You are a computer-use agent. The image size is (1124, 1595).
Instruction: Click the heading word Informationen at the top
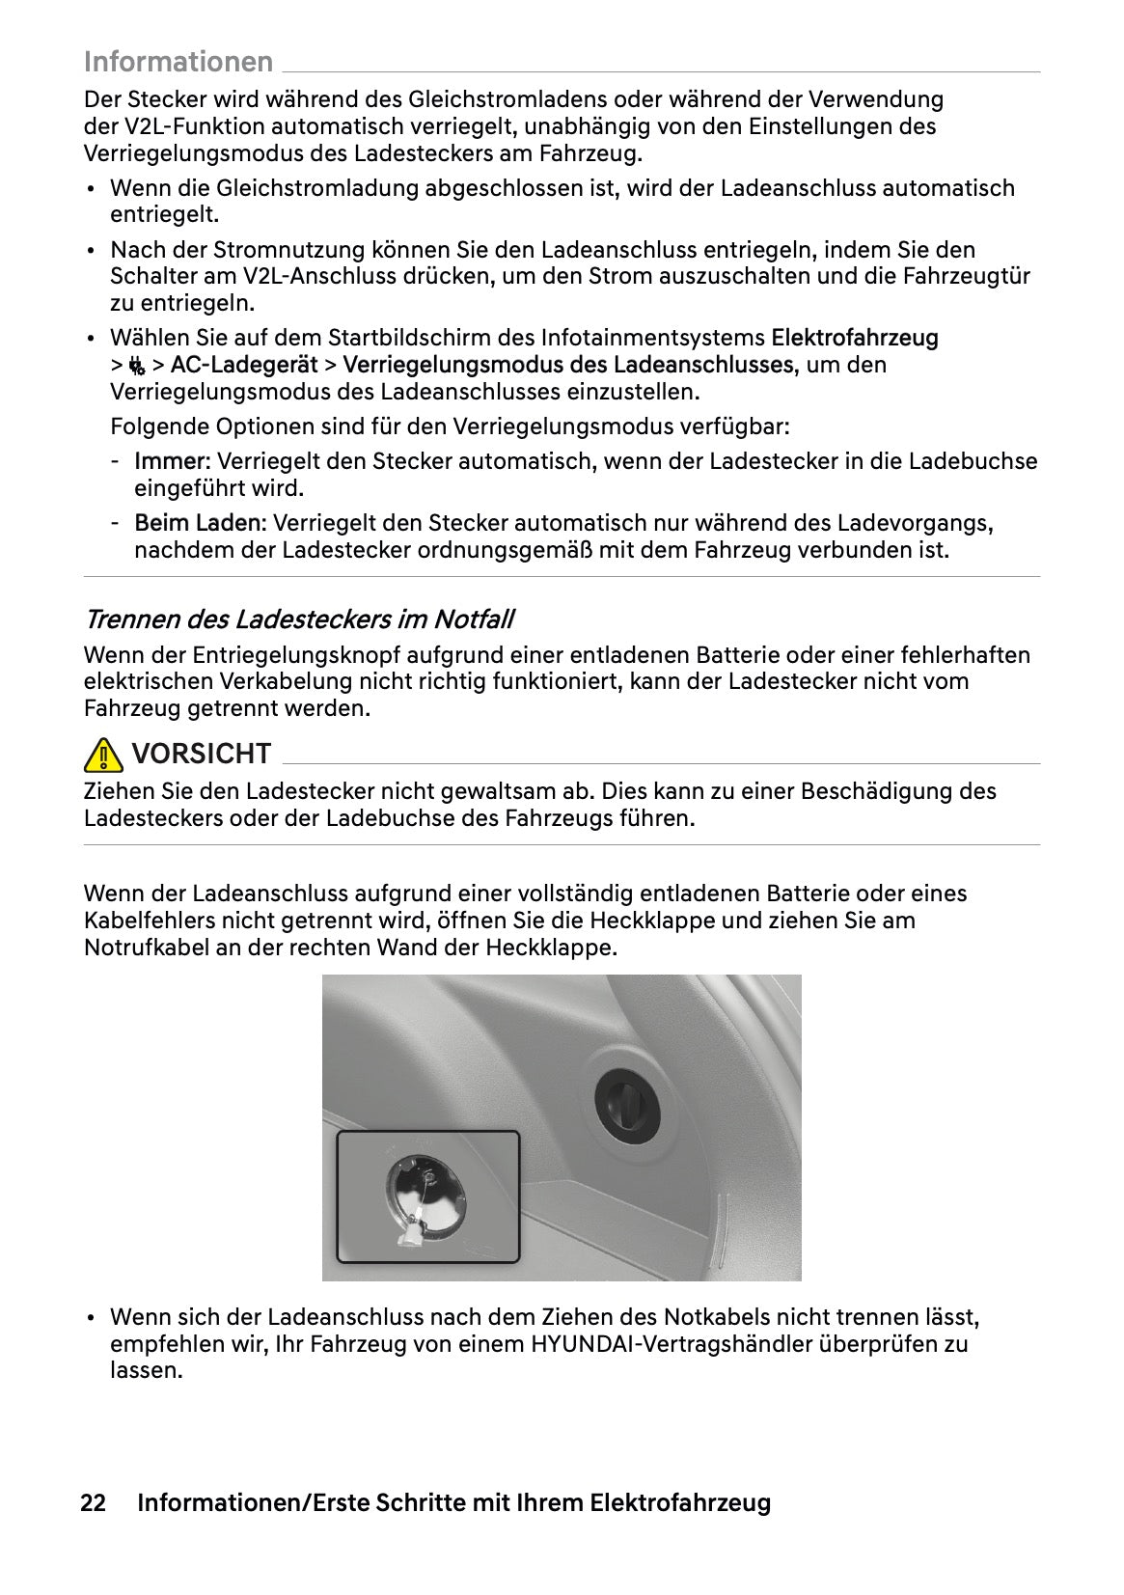pyautogui.click(x=178, y=62)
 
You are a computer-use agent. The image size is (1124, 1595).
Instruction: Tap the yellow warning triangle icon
pyautogui.click(x=103, y=754)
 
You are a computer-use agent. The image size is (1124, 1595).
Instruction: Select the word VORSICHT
pyautogui.click(x=201, y=754)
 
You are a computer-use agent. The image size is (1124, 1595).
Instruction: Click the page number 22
pyautogui.click(x=93, y=1502)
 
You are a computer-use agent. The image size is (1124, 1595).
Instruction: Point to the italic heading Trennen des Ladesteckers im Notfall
pyautogui.click(x=298, y=619)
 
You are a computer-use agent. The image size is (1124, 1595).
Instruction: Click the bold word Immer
pyautogui.click(x=170, y=461)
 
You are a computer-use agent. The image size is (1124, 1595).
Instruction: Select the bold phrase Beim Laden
pyautogui.click(x=198, y=523)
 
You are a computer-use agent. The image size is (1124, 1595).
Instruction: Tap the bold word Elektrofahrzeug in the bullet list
pyautogui.click(x=854, y=338)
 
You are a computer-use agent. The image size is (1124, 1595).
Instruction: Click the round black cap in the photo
pyautogui.click(x=626, y=1101)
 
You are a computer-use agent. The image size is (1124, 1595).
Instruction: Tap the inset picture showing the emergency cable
pyautogui.click(x=427, y=1196)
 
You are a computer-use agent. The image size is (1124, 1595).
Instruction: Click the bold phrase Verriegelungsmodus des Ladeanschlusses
pyautogui.click(x=568, y=365)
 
